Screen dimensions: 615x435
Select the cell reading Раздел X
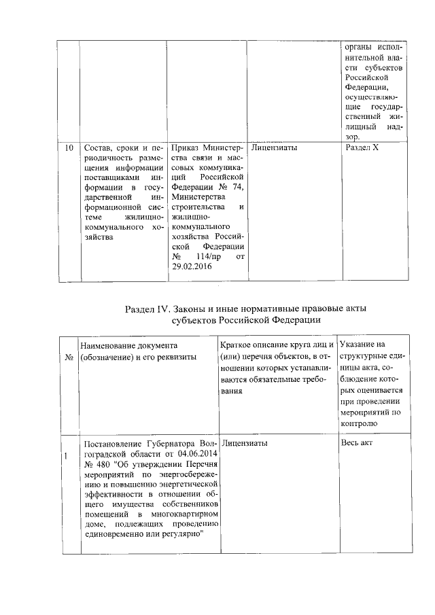(x=362, y=147)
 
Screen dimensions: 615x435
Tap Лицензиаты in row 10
(x=273, y=147)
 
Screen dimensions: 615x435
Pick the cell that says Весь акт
(x=356, y=443)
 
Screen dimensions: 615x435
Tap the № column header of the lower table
(x=69, y=357)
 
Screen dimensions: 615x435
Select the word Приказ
(x=187, y=147)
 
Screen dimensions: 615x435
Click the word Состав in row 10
(x=97, y=147)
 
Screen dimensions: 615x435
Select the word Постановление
(x=109, y=443)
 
